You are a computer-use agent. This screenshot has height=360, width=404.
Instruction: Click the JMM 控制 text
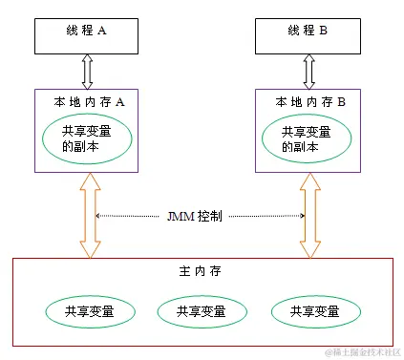(x=197, y=217)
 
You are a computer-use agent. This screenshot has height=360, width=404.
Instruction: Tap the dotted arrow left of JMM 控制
(x=130, y=217)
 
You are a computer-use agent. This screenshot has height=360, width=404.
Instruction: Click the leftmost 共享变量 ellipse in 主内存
(x=88, y=311)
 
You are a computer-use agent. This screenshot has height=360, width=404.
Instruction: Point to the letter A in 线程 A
(x=101, y=31)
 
